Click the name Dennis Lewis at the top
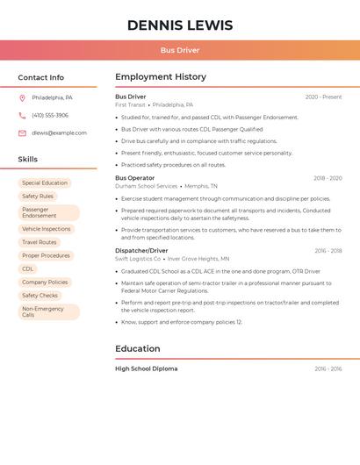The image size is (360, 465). [180, 25]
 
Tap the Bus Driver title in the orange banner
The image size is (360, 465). [180, 50]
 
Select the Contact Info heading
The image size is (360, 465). [41, 77]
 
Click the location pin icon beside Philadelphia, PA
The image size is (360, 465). [22, 97]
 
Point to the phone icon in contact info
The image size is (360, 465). [22, 115]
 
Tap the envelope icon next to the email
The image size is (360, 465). [22, 132]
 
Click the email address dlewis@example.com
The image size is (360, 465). [59, 132]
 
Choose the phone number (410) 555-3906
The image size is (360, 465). [50, 115]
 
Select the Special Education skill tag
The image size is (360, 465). [45, 183]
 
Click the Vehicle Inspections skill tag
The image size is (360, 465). [46, 229]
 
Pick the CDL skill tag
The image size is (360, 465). [28, 268]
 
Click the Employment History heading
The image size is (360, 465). [161, 77]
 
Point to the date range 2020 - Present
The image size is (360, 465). [323, 97]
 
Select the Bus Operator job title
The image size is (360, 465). [134, 178]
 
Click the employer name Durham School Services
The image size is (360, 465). [146, 186]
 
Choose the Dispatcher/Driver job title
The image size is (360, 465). [141, 251]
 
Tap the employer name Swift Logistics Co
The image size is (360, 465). [138, 259]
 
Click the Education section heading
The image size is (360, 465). [138, 348]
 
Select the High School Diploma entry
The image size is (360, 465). [147, 368]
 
